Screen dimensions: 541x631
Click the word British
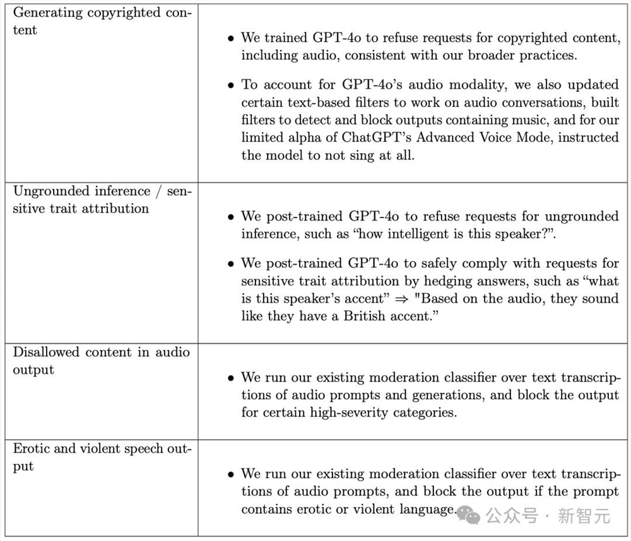tap(367, 316)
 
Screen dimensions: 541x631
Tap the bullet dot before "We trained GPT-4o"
tap(232, 38)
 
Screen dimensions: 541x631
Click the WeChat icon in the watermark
tap(469, 516)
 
